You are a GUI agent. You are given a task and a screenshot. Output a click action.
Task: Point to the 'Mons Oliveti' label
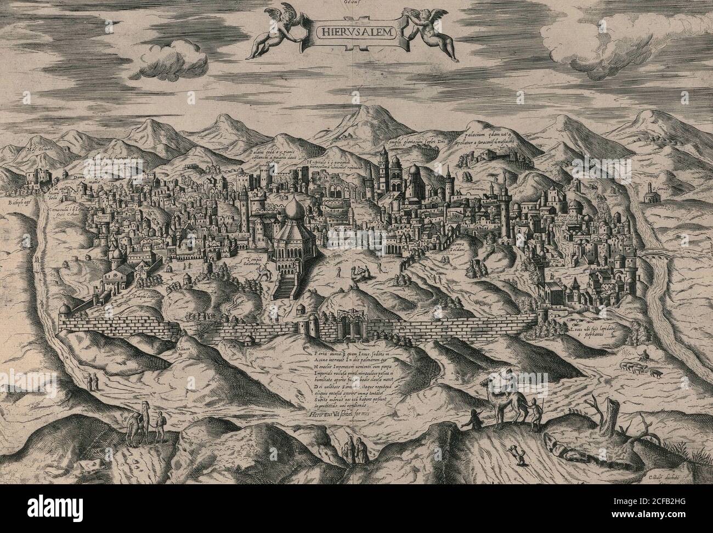click(44, 149)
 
